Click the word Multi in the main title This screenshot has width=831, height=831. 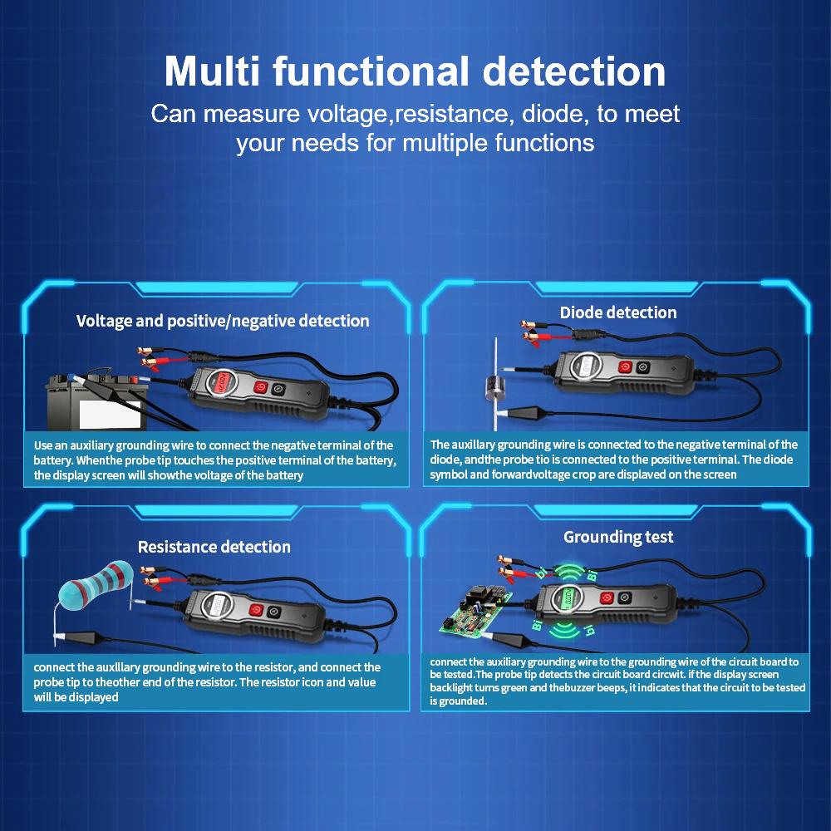pyautogui.click(x=211, y=71)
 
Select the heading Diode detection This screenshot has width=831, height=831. pyautogui.click(x=618, y=312)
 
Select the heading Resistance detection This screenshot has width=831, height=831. pyautogui.click(x=214, y=547)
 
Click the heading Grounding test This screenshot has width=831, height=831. pyautogui.click(x=618, y=537)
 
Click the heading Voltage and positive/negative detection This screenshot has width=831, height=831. pyautogui.click(x=223, y=321)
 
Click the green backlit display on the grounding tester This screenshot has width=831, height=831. pyautogui.click(x=566, y=597)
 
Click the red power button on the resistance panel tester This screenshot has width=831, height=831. pyautogui.click(x=257, y=610)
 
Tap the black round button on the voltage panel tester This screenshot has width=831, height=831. pyautogui.click(x=278, y=390)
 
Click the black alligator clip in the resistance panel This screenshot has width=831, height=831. pyautogui.click(x=81, y=637)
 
